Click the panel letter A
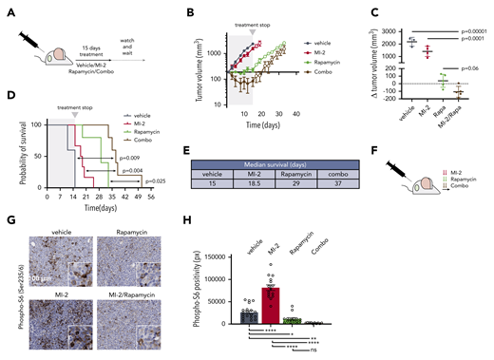pyautogui.click(x=8, y=11)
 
